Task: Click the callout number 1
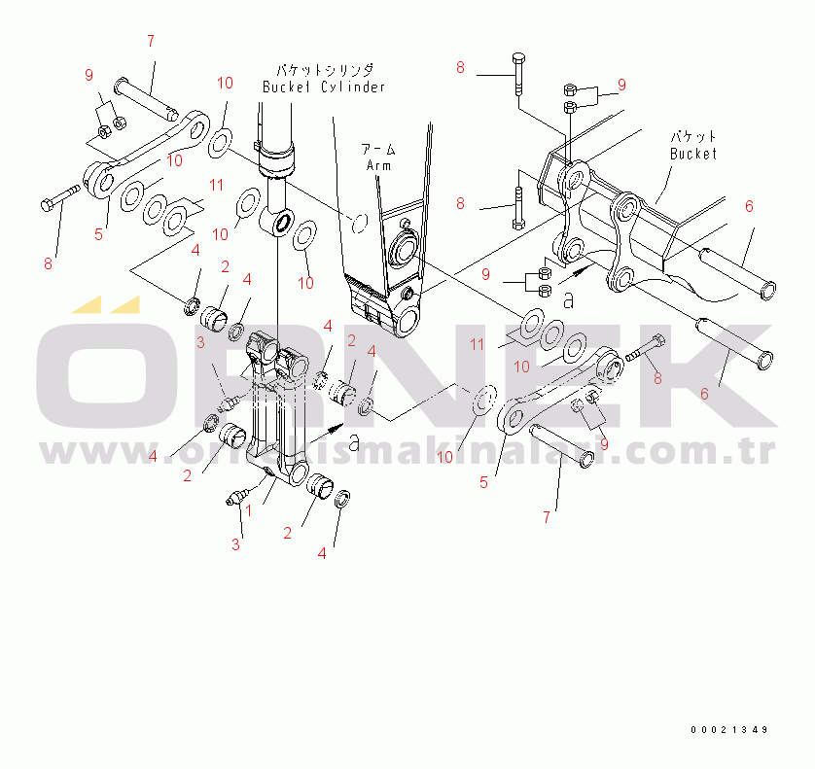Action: [248, 509]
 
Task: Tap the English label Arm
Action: [378, 165]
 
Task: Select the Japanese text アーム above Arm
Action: [378, 150]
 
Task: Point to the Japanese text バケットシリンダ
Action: [324, 70]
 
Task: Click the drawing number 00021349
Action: [729, 729]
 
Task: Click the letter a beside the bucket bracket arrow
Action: [570, 299]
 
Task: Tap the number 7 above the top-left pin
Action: [151, 41]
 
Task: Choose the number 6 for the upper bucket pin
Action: [748, 206]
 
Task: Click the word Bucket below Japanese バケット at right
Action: [693, 154]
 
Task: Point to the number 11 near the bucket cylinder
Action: [216, 184]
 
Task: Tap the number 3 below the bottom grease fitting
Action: [235, 544]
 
